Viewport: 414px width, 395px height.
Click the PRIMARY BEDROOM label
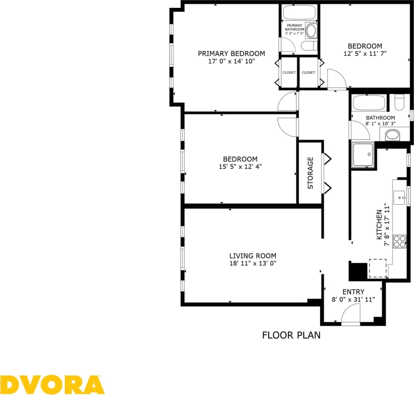[x=231, y=53]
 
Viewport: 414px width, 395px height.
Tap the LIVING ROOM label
[x=252, y=256]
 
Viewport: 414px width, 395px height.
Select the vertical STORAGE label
[x=310, y=172]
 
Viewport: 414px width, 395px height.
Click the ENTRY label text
[x=353, y=292]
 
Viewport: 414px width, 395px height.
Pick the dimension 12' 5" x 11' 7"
[x=365, y=53]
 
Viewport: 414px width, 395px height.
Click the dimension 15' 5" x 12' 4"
[x=240, y=166]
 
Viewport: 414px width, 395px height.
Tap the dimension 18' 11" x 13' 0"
[x=253, y=263]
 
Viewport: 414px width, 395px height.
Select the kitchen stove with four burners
[x=400, y=241]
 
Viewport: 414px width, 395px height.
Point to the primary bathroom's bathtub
[x=300, y=13]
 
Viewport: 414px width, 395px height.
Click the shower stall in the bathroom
[x=363, y=155]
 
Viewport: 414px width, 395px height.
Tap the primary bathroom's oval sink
[x=311, y=31]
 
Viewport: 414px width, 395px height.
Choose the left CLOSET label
[x=289, y=72]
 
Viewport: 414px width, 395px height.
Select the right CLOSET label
[x=308, y=72]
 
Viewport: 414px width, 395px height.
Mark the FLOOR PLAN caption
[x=291, y=335]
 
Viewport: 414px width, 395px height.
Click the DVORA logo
[x=52, y=385]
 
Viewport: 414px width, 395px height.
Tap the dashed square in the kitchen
[x=378, y=268]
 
